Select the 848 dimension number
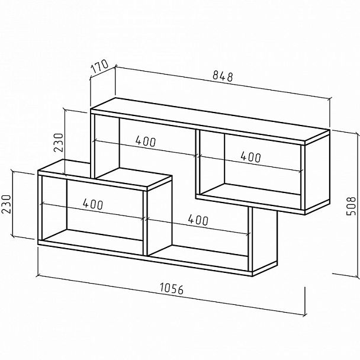click(x=223, y=76)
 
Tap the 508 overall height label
click(x=351, y=206)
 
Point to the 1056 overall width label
click(x=172, y=288)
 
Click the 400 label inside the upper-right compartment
click(x=250, y=157)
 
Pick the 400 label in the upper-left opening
click(x=146, y=141)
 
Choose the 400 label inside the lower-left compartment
click(x=93, y=204)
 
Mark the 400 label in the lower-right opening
click(x=198, y=220)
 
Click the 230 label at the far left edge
click(x=7, y=204)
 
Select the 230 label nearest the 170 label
click(x=58, y=143)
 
